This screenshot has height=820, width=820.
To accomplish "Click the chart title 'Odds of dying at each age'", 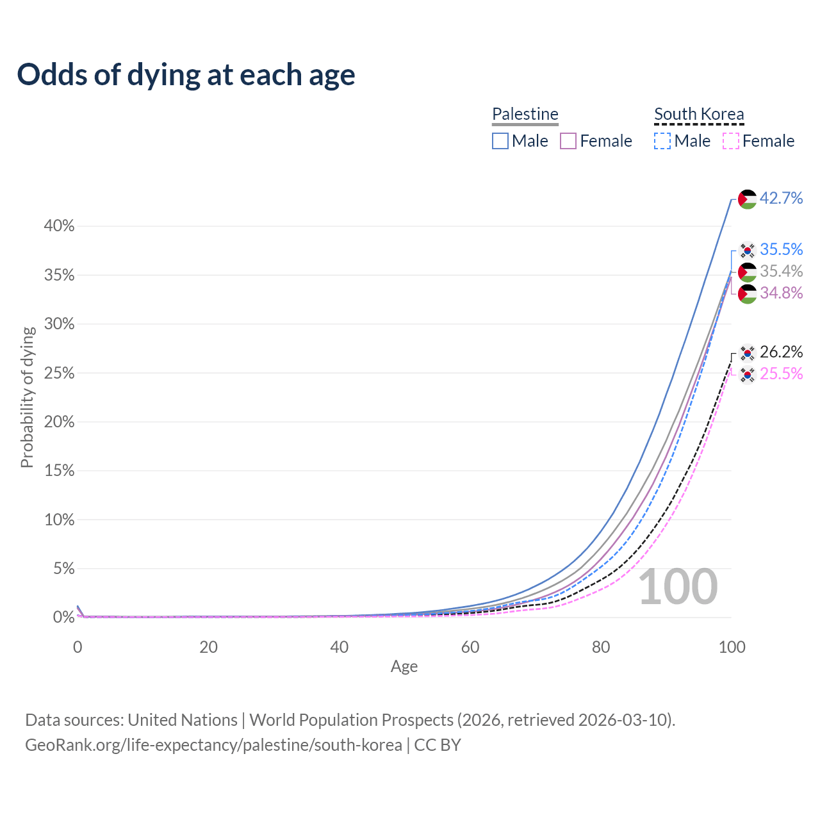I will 186,74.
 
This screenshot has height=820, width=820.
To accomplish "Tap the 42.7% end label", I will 781,199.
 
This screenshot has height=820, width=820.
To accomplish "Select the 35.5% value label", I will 781,249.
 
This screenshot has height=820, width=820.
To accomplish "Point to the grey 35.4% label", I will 781,272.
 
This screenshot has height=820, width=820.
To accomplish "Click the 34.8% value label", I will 781,293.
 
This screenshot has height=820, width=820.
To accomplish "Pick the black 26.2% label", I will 781,352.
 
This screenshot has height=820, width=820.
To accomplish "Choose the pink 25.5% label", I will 781,373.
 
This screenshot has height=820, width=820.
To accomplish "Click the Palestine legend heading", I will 525,114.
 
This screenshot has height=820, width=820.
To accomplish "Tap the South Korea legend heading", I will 699,114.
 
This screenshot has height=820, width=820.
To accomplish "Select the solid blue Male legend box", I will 500,141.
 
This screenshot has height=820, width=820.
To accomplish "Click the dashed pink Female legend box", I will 731,141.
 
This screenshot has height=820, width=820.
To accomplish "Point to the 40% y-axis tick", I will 59,226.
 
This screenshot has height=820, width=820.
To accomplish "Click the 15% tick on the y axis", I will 59,471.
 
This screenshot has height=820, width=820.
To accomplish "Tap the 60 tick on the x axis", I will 470,647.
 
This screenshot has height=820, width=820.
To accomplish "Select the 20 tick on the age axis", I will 208,647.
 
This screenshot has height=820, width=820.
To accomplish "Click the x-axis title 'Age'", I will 404,667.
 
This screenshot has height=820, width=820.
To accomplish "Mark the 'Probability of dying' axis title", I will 27,397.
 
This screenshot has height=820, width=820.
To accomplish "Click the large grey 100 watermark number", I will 678,587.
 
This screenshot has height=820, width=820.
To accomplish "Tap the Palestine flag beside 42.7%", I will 747,199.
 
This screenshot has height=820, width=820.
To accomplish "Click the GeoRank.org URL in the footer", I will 213,745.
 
